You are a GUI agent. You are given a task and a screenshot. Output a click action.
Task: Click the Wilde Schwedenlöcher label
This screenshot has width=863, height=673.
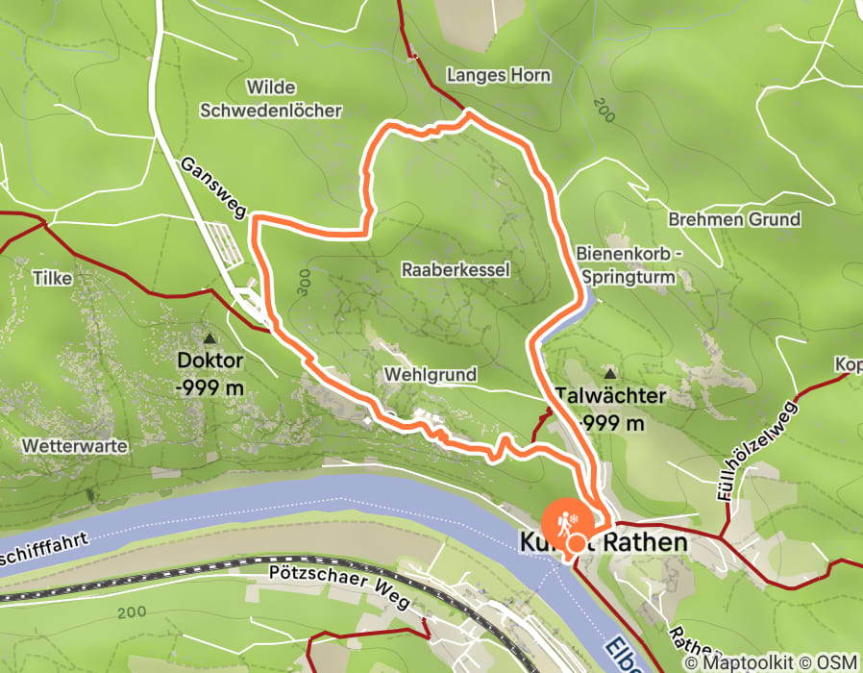pos(270,99)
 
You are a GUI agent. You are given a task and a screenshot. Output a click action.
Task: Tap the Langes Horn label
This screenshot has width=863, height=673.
pos(484,74)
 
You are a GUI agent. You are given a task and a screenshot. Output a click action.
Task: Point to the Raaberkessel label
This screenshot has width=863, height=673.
pos(456,270)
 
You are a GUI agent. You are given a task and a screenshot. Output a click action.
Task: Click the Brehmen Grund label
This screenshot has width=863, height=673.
pos(734,219)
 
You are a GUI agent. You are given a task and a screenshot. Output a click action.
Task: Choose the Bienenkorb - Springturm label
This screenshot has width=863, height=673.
pos(634,264)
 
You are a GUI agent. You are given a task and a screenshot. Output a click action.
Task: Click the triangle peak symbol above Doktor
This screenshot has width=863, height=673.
pos(210,338)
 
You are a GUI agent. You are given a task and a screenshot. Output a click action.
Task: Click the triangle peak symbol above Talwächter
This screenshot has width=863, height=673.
pos(609,372)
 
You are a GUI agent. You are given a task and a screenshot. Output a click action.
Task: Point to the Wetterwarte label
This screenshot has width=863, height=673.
pos(61,446)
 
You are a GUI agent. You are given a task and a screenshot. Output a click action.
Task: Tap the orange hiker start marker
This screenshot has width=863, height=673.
pos(561,522)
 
